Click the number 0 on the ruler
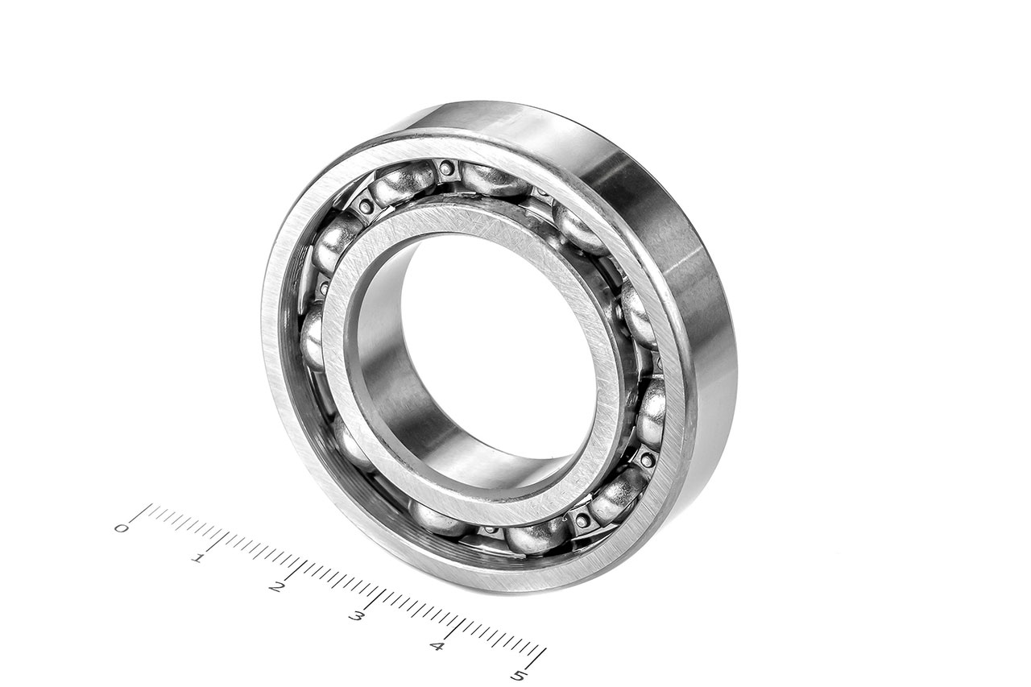pyautogui.click(x=121, y=528)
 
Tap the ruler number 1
pyautogui.click(x=198, y=559)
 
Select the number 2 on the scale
pyautogui.click(x=276, y=588)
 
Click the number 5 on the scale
pyautogui.click(x=518, y=676)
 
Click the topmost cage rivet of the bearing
pyautogui.click(x=445, y=168)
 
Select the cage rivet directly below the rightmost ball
pyautogui.click(x=648, y=459)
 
